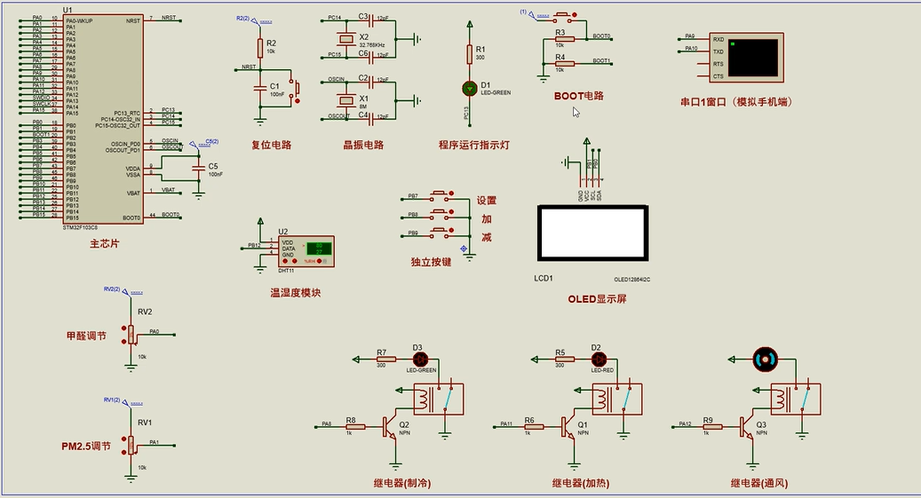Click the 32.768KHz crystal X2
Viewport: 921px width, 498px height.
pyautogui.click(x=346, y=40)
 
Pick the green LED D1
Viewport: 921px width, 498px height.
pyautogui.click(x=470, y=88)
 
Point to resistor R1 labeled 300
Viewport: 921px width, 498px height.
pyautogui.click(x=470, y=53)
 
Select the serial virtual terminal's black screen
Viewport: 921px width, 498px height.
pyautogui.click(x=754, y=57)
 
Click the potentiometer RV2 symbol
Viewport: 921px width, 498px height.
pyautogui.click(x=131, y=334)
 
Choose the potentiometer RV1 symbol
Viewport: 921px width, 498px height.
pyautogui.click(x=131, y=444)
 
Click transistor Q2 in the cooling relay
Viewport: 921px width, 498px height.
pyautogui.click(x=392, y=427)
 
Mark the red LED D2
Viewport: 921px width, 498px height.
pyautogui.click(x=598, y=359)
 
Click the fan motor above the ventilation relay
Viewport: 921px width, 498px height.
pyautogui.click(x=764, y=359)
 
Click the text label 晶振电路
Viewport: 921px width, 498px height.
pyautogui.click(x=363, y=145)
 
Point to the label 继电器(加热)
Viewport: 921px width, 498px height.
pyautogui.click(x=580, y=484)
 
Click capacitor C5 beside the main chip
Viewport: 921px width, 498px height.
pyautogui.click(x=197, y=167)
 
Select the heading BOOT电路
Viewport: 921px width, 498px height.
pyautogui.click(x=578, y=95)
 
